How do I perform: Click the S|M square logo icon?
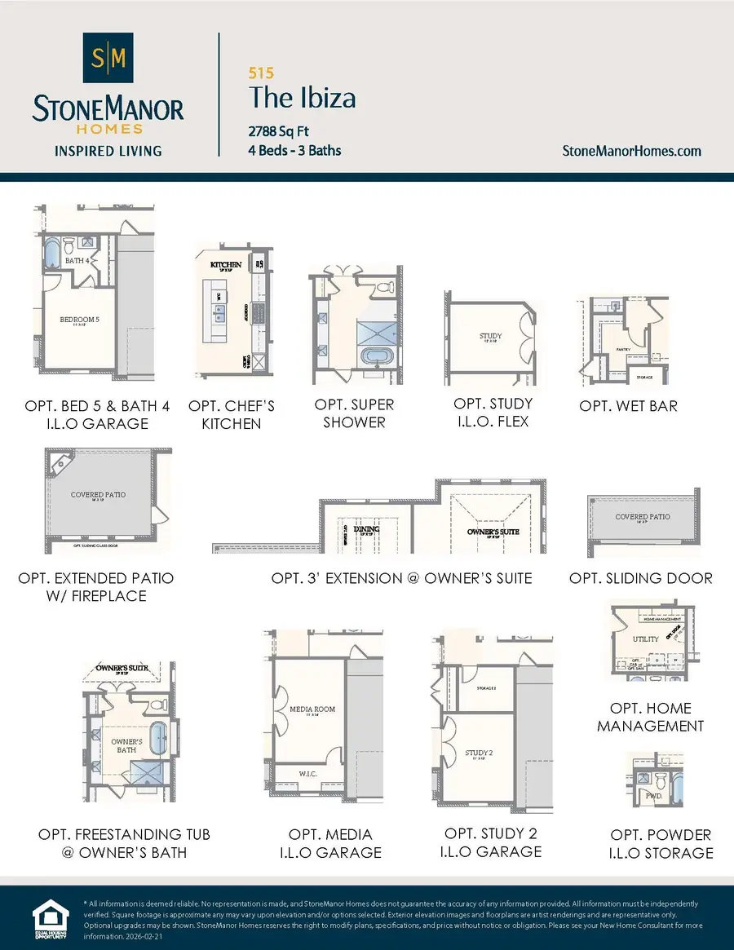tap(108, 58)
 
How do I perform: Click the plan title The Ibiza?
tap(302, 99)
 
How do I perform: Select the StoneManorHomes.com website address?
tap(632, 151)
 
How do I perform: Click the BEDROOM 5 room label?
tap(79, 320)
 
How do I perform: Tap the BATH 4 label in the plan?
tap(77, 261)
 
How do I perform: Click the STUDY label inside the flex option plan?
tap(490, 336)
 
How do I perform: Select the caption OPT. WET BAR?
tap(628, 405)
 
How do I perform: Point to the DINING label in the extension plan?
tap(367, 529)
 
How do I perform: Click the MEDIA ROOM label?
tap(312, 709)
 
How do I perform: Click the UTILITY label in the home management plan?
tap(646, 639)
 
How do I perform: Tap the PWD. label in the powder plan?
tap(653, 794)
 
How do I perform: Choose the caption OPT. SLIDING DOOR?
tap(641, 578)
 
